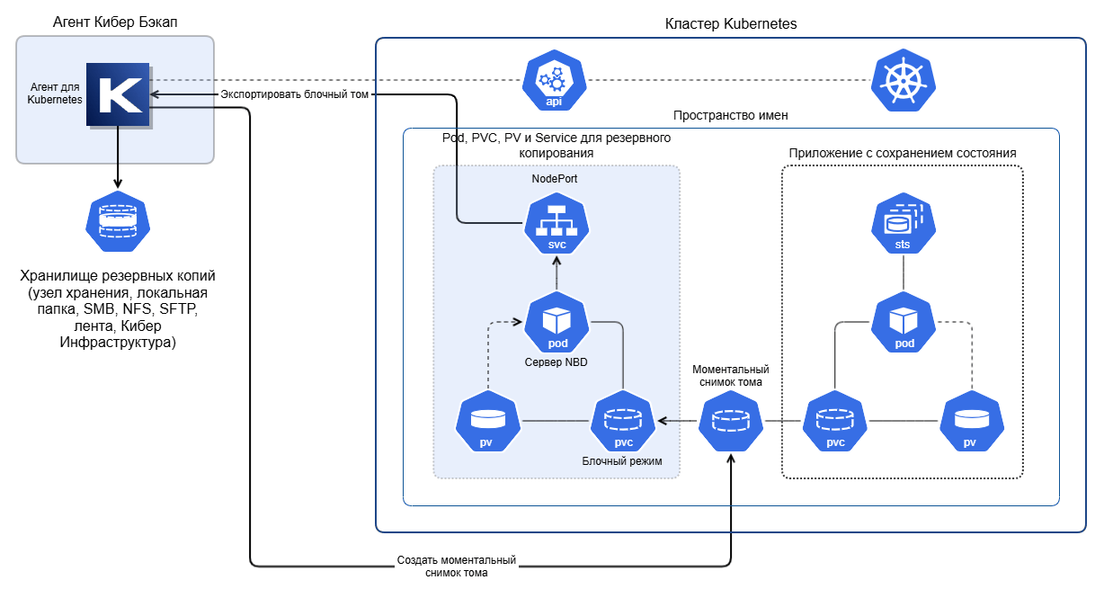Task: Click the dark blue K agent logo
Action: coord(119,94)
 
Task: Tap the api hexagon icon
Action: coord(555,80)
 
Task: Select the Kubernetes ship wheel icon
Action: coord(904,80)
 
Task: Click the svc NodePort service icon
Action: coord(556,223)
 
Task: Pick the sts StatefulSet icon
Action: coord(904,223)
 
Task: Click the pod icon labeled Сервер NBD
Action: coord(556,322)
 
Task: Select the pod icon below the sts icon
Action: coord(904,322)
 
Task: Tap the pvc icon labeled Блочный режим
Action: coord(623,421)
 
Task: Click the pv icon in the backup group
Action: coord(488,421)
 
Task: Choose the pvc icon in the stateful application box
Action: coord(835,421)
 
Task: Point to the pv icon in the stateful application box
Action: coord(972,421)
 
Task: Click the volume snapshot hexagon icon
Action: coord(731,421)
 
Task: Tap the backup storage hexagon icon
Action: coord(118,221)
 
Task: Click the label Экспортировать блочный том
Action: coord(294,94)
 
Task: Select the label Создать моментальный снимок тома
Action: coord(457,567)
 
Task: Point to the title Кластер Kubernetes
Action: coord(731,23)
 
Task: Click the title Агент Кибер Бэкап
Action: coord(115,22)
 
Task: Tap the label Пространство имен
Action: coord(730,115)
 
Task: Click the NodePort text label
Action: coord(555,178)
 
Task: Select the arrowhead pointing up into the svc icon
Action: coord(556,261)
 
